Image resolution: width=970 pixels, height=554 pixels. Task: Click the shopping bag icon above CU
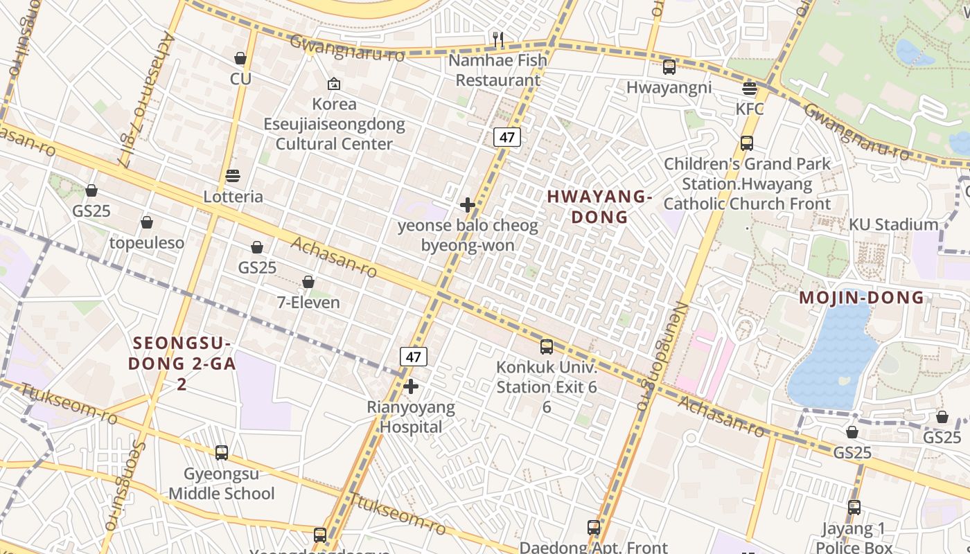click(240, 58)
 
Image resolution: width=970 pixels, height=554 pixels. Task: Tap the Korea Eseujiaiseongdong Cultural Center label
click(334, 124)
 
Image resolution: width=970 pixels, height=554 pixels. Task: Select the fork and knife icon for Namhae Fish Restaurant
click(497, 39)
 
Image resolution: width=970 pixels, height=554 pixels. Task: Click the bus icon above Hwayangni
click(669, 67)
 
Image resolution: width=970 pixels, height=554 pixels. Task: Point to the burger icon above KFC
click(750, 88)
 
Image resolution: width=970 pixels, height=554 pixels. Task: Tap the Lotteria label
click(233, 197)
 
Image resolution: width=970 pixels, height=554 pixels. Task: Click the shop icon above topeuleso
click(147, 222)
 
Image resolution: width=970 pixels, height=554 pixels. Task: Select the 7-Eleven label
click(308, 303)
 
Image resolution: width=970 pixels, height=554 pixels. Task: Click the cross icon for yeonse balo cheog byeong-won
click(468, 205)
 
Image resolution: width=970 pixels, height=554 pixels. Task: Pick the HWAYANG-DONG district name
click(599, 207)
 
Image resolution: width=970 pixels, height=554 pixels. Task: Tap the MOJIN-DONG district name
click(861, 298)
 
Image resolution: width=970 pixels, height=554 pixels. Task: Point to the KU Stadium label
click(894, 224)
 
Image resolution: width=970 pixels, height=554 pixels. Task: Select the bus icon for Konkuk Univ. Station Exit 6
click(547, 347)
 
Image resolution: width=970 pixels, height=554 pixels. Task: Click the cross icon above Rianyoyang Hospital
click(411, 386)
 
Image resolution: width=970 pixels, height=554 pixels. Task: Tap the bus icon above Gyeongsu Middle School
click(221, 453)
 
